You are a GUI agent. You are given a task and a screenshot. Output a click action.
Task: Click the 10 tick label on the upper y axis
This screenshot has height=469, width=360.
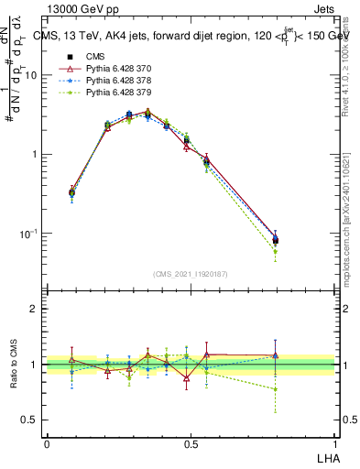(x=30, y=75)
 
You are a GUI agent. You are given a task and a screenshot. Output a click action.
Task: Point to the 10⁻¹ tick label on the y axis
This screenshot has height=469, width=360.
(x=27, y=234)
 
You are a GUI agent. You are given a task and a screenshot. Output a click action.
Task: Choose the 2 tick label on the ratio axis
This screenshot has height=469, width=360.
(x=36, y=309)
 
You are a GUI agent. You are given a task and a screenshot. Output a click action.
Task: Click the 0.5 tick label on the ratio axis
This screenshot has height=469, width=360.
(x=31, y=420)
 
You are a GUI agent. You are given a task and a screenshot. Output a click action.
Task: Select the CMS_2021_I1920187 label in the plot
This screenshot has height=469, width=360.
(x=190, y=274)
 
